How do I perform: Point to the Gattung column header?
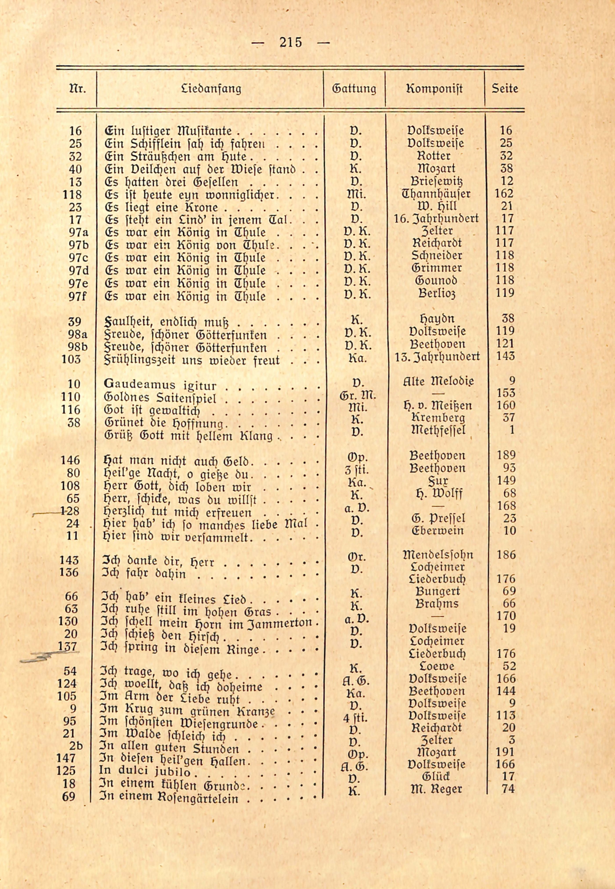click(354, 89)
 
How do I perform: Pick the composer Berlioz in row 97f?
click(437, 293)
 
